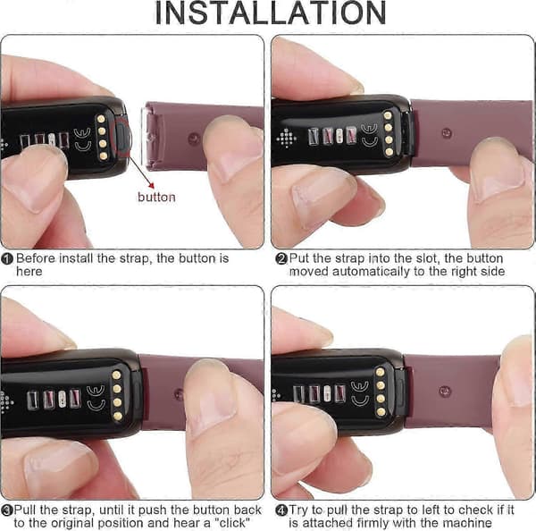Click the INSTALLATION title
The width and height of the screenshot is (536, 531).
(271, 13)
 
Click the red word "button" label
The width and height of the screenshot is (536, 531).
(156, 198)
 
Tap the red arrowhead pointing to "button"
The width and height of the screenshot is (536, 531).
(152, 185)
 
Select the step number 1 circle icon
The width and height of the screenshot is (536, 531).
(7, 258)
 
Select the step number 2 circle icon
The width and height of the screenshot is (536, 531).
(281, 258)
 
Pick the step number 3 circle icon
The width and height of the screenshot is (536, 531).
(6, 510)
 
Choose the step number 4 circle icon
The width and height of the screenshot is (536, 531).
(281, 510)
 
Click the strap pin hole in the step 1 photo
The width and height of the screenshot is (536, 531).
(194, 139)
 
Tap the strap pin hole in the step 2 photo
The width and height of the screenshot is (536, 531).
(446, 132)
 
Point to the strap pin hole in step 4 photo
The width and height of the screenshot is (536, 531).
(444, 391)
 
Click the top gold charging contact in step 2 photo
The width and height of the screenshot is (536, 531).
(388, 115)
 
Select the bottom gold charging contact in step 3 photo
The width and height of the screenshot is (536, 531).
(117, 417)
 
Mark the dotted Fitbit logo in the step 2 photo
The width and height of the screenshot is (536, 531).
(287, 139)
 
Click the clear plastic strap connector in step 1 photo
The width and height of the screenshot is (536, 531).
(149, 137)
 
